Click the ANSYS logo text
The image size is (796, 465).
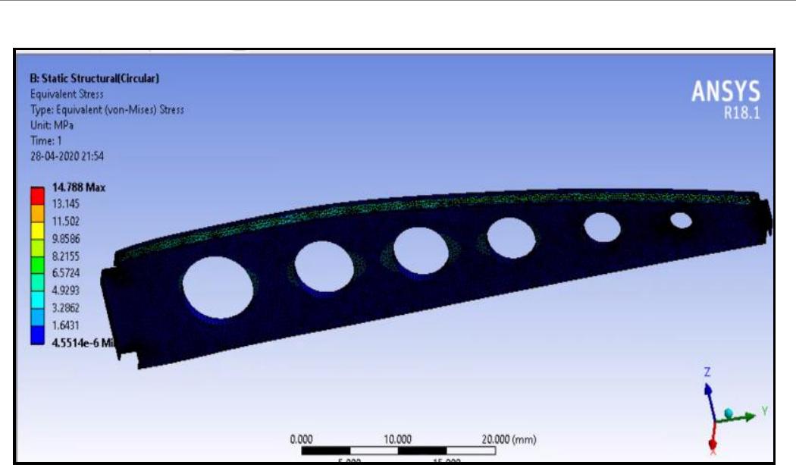pos(726,93)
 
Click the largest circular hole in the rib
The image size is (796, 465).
pos(218,287)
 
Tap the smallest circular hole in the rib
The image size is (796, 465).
pos(681,221)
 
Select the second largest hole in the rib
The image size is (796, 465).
pos(324,267)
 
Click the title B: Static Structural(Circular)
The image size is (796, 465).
pos(94,78)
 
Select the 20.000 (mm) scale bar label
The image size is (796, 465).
pos(509,438)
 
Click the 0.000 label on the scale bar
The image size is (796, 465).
pos(302,438)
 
